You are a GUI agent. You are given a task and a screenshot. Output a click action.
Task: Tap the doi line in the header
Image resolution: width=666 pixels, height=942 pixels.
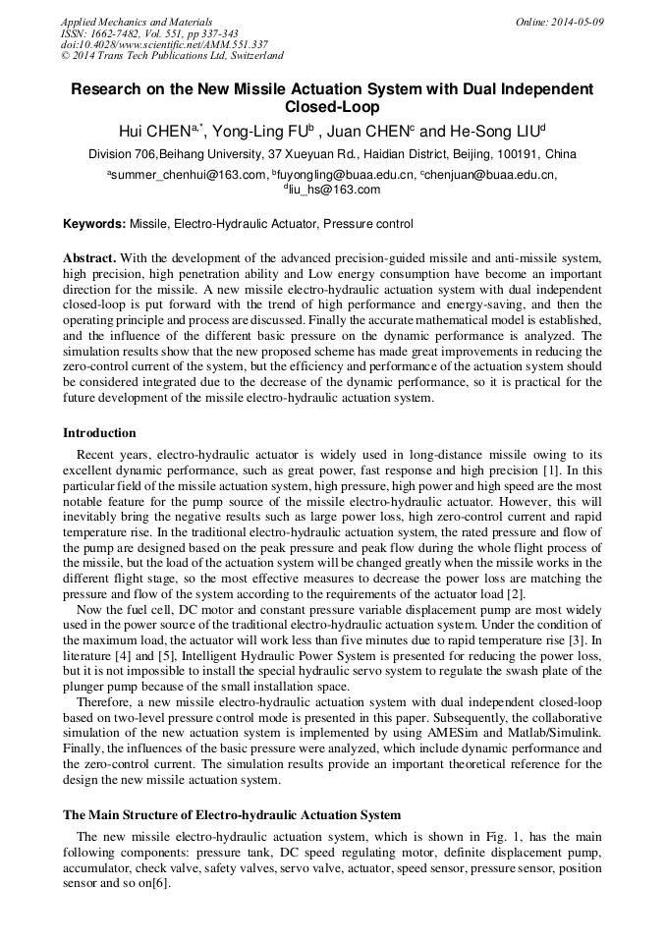(x=164, y=44)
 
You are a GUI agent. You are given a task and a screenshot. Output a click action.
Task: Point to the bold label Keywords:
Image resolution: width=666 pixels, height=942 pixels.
(x=94, y=224)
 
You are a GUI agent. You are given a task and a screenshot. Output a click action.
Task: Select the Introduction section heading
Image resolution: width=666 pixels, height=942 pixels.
(x=99, y=433)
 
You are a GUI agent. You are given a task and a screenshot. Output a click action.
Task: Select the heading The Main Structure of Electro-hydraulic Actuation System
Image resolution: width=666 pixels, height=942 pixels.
(x=232, y=815)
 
